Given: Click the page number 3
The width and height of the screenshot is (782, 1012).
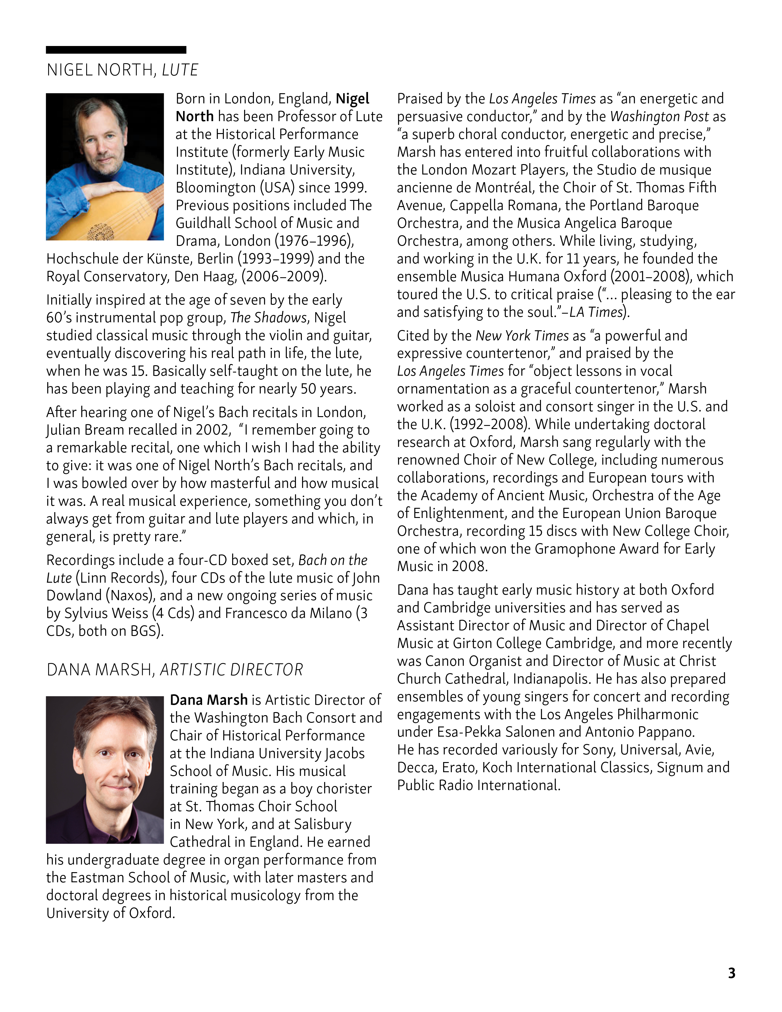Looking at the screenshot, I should pyautogui.click(x=731, y=973).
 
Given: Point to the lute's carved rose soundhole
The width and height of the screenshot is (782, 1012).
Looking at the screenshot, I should pyautogui.click(x=100, y=230).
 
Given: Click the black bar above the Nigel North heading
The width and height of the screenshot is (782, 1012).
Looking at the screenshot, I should pyautogui.click(x=116, y=50).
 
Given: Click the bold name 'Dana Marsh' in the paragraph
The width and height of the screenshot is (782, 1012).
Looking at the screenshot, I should pyautogui.click(x=209, y=700).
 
